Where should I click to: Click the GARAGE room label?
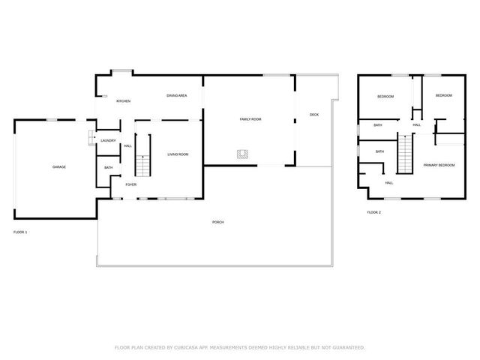point(59,166)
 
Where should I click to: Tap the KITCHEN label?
point(123,100)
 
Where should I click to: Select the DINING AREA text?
point(177,96)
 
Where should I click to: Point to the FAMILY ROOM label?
point(250,119)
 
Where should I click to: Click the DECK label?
point(314,115)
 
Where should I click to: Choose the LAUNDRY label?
point(107,140)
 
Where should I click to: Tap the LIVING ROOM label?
point(178,154)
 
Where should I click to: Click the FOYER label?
point(130,184)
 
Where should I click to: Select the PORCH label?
point(218,222)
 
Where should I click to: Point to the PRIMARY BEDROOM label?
point(439,165)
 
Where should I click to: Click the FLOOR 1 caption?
point(20,232)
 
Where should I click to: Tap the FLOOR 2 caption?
point(373,213)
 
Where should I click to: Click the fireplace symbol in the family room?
point(242,154)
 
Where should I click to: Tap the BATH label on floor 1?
point(109,167)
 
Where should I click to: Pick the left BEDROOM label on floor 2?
point(385,97)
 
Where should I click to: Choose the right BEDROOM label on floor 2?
point(444,95)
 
